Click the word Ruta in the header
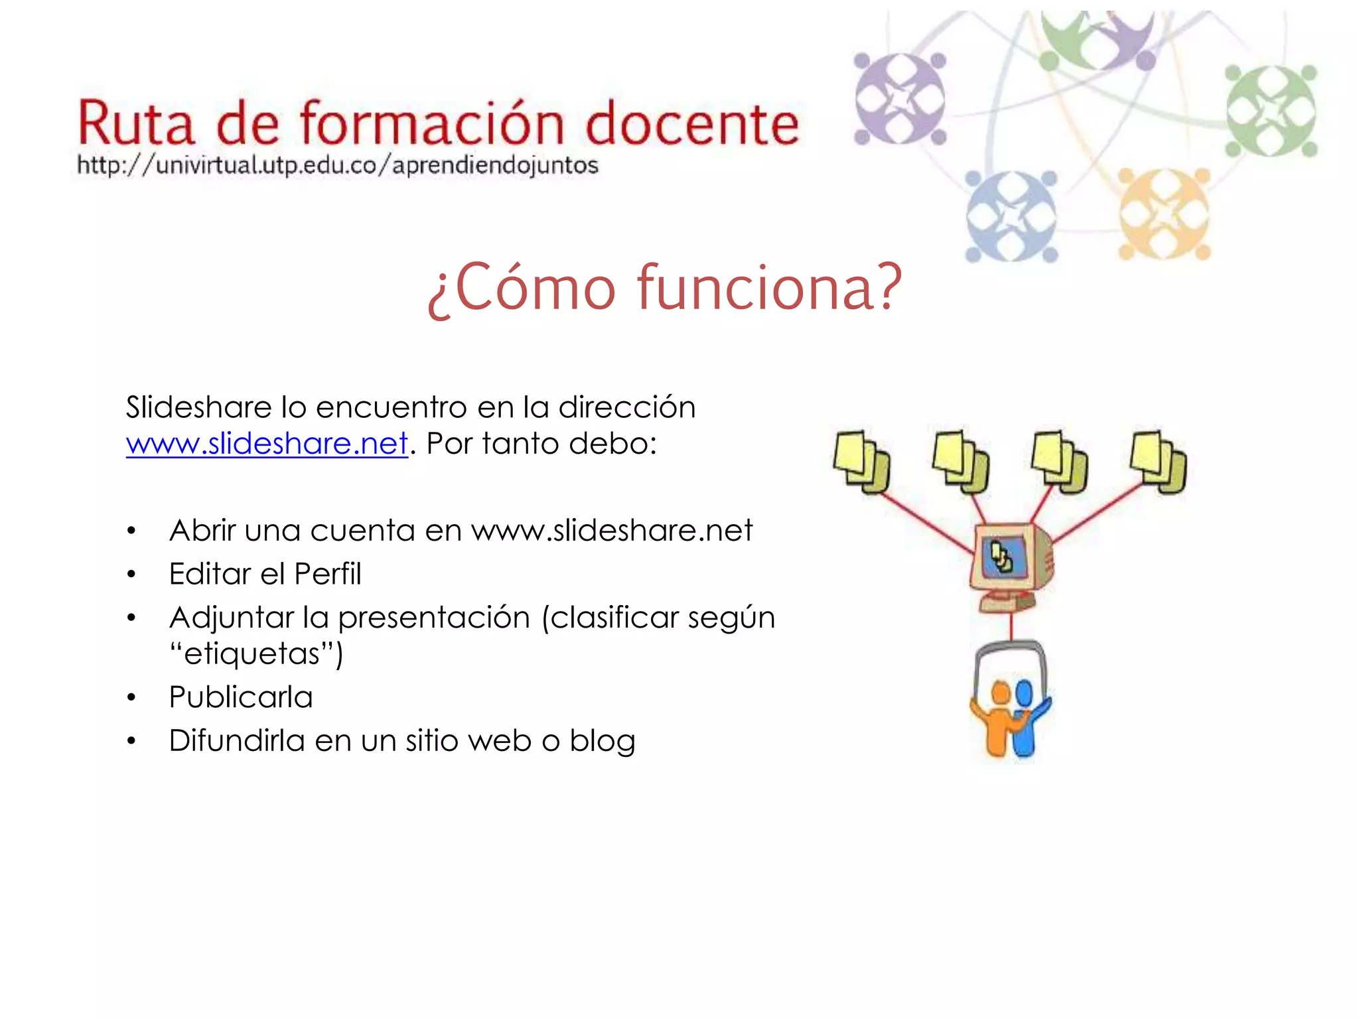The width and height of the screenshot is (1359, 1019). pos(136,124)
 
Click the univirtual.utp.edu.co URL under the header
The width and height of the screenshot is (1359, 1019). pos(337,165)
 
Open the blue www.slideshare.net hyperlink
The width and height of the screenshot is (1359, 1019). pos(267,444)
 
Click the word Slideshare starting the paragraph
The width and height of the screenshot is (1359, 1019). pos(197,407)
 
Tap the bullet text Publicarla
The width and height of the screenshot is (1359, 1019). pos(240,697)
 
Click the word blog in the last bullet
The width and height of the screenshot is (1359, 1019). pos(602,741)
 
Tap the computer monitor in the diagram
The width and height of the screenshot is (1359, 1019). pos(1008,561)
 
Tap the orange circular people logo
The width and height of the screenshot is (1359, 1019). pos(1163,214)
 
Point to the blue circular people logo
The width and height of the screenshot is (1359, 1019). pos(1010,216)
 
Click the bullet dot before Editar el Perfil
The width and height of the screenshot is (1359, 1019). pos(131,575)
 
